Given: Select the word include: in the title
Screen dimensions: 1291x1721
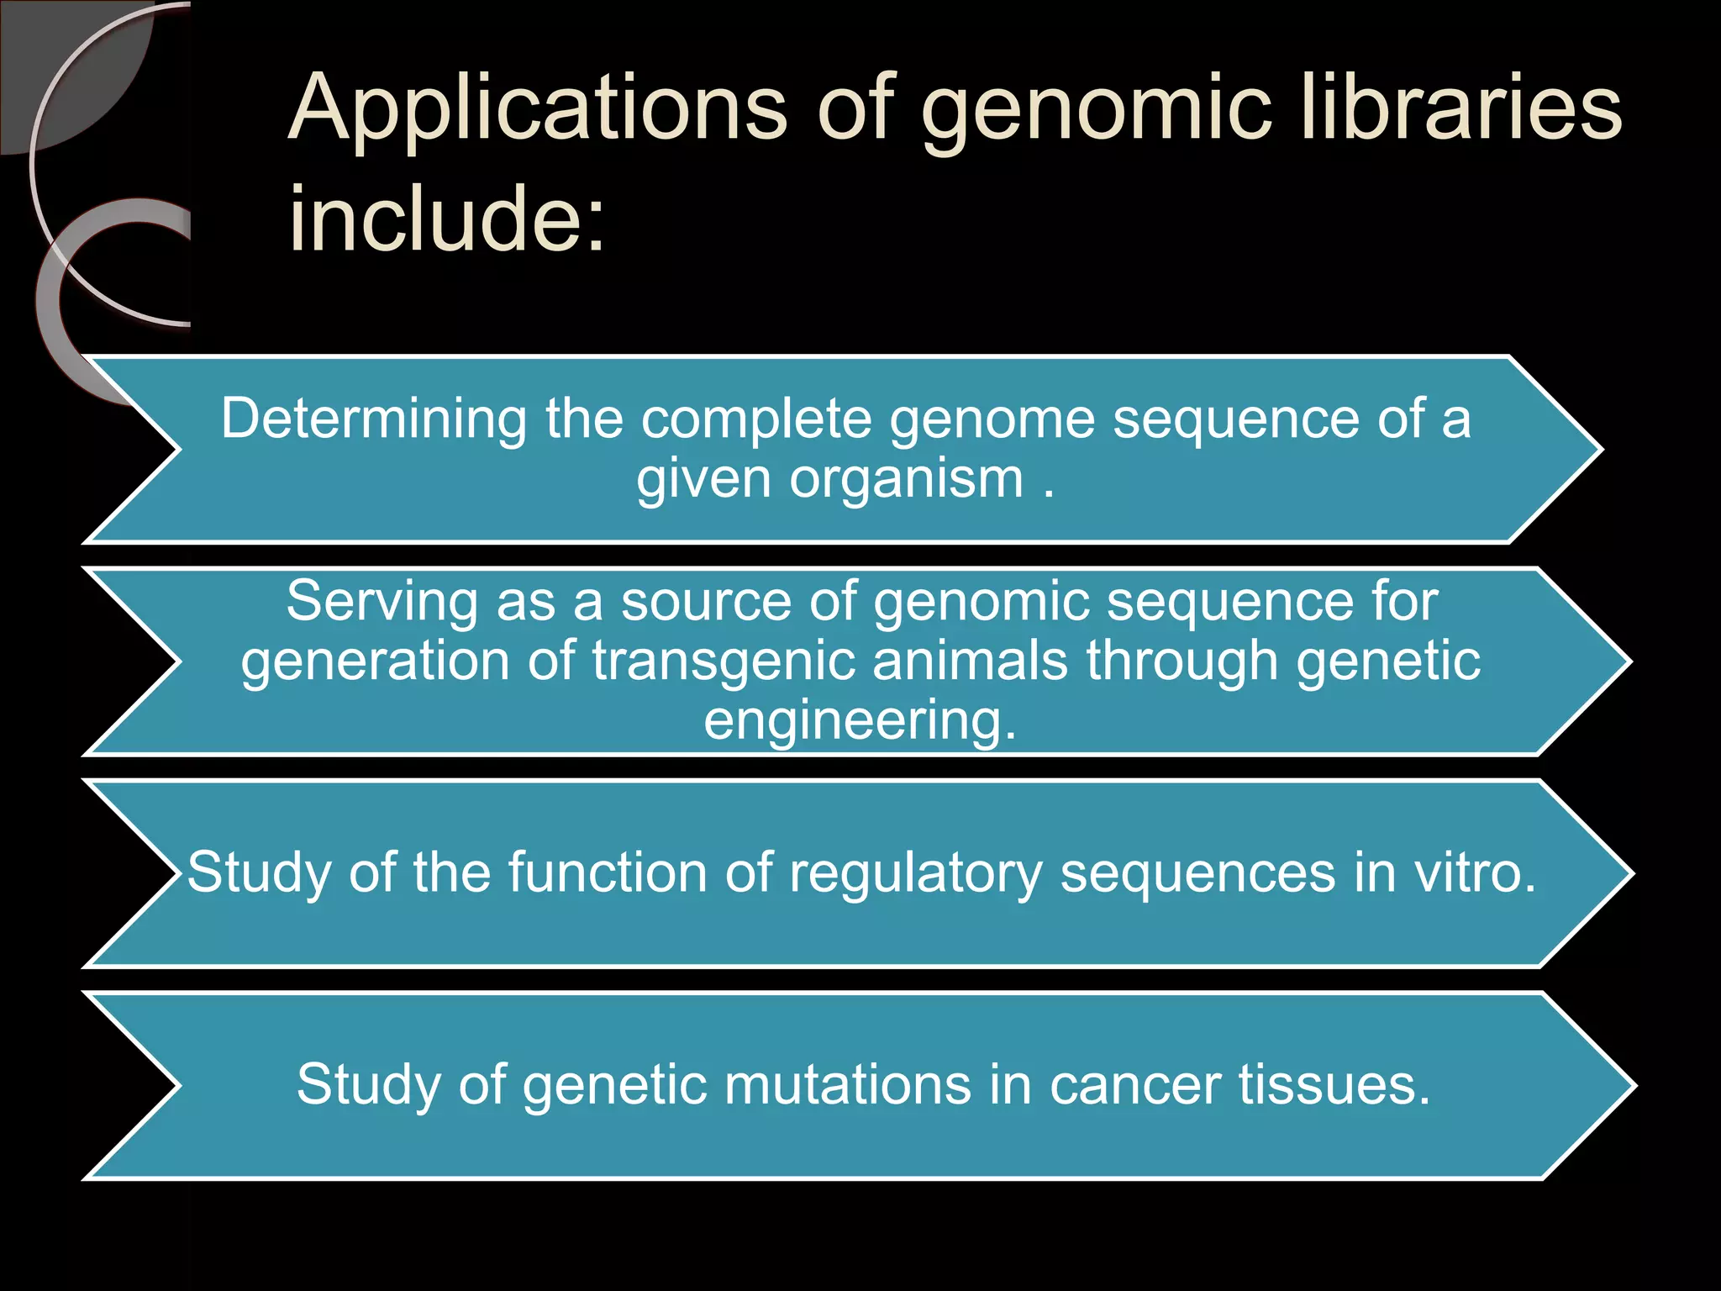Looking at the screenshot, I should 446,219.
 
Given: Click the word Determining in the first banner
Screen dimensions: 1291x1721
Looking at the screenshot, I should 373,419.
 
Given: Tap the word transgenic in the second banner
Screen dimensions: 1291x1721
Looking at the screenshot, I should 723,661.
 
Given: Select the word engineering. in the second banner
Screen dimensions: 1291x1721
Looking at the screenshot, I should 860,721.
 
